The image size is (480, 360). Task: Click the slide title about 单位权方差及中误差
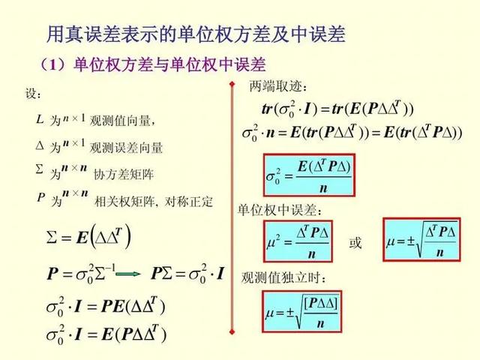(196, 34)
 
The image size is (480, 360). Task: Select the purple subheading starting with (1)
(153, 65)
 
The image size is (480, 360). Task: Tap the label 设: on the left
(33, 94)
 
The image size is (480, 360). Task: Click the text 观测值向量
(122, 121)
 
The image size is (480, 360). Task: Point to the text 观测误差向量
(126, 148)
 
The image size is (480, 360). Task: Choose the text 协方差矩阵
(123, 175)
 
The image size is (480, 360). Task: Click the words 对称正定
(188, 202)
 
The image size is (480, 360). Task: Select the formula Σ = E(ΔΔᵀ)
(88, 236)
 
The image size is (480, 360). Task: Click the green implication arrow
(128, 273)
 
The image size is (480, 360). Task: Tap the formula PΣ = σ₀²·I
(187, 273)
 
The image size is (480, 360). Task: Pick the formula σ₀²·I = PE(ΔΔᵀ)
(106, 306)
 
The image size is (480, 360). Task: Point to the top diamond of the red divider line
(232, 84)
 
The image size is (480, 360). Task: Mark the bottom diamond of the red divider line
(232, 331)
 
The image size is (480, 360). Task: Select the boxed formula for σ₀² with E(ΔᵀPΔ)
(309, 175)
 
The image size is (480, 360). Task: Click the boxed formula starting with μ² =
(298, 241)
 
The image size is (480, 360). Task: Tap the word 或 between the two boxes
(355, 243)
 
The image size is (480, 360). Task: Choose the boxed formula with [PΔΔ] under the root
(301, 311)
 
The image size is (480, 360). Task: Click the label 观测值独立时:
(283, 277)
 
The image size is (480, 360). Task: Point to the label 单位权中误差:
(280, 210)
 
